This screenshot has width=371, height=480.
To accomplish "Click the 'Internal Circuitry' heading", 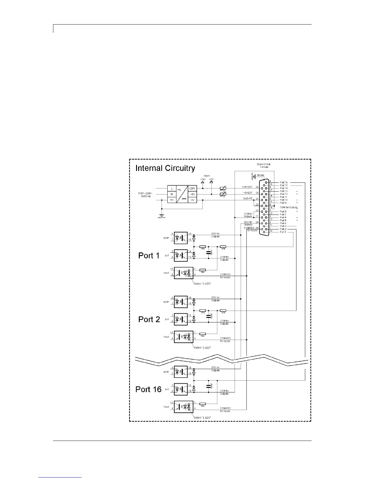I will click(x=165, y=168).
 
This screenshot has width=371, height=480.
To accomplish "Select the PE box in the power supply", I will click(x=172, y=200).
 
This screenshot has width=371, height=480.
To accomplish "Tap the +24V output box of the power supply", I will click(x=192, y=188).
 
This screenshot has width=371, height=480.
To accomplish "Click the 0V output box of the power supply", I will click(x=192, y=200).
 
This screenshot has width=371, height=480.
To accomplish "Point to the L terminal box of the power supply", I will click(x=172, y=188).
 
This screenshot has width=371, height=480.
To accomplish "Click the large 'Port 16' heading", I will click(x=149, y=389).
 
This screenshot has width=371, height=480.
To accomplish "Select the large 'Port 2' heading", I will click(x=149, y=319).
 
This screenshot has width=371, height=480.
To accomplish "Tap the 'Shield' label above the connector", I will click(x=260, y=175).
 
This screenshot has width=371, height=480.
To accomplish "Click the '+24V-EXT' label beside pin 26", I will click(x=247, y=187).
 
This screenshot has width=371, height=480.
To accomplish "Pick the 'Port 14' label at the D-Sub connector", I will click(x=284, y=188).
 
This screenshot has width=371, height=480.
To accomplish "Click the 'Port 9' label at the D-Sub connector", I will click(x=283, y=203).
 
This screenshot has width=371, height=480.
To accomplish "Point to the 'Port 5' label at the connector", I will click(x=283, y=220).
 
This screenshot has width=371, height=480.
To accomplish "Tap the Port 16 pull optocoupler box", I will click(x=181, y=389).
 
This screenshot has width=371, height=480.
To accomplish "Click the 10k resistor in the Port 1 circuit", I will click(x=203, y=270).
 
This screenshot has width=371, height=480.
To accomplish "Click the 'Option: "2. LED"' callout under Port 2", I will click(x=202, y=347).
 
